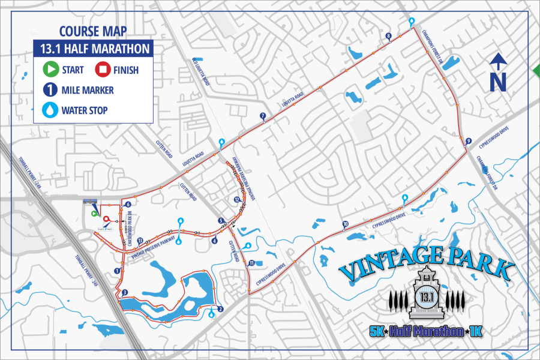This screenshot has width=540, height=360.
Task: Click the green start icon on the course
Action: click(x=94, y=212)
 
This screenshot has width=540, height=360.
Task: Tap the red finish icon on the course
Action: click(x=106, y=220)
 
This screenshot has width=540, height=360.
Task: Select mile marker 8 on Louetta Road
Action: click(x=389, y=36)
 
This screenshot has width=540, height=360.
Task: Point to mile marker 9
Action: click(x=467, y=141)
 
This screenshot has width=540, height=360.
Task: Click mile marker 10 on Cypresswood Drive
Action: click(x=345, y=224)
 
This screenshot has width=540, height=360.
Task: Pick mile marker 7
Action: click(x=262, y=115)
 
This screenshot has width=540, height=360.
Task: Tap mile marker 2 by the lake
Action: click(x=221, y=310)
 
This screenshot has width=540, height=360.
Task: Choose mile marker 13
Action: click(x=140, y=241)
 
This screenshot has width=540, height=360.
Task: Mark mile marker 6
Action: click(x=128, y=205)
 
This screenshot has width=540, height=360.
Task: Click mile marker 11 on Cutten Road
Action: click(x=251, y=263)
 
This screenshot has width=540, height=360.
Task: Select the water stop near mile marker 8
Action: click(x=411, y=22)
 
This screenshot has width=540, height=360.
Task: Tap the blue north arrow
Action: click(x=497, y=72)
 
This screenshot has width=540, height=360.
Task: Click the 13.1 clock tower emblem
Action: click(x=427, y=294)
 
